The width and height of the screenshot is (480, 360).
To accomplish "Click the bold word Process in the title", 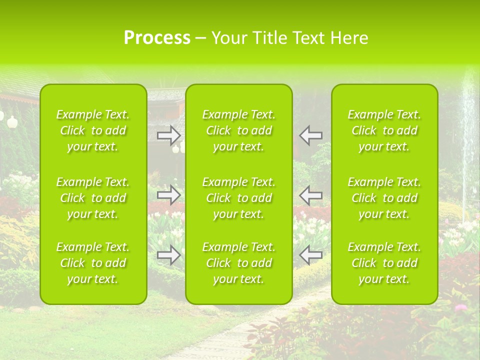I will point(157,38).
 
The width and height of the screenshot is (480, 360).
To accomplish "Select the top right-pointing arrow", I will point(168,134).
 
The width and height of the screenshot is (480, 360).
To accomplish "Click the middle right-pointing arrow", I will point(168,194).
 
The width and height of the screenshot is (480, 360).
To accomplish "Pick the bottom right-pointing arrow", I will point(168,255).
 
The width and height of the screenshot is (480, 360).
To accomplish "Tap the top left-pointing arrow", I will point(310,134).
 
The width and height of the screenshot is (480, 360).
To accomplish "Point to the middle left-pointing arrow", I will point(310,194).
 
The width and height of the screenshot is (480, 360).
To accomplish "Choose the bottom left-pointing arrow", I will point(310,255).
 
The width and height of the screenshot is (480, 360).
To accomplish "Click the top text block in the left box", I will point(93,130).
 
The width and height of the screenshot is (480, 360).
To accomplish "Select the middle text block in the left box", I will point(93,198).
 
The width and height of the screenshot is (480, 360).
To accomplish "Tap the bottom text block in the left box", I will point(93,263).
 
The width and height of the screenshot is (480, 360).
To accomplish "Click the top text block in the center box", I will point(239,130).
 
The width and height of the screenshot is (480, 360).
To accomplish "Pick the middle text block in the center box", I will point(239,198).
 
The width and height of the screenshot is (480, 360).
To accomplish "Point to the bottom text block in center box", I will point(239,263).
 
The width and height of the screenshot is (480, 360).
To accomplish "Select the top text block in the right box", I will point(384,130).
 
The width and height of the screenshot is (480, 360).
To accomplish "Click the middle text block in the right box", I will point(384,198).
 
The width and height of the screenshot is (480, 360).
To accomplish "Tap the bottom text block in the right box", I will point(384,263).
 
